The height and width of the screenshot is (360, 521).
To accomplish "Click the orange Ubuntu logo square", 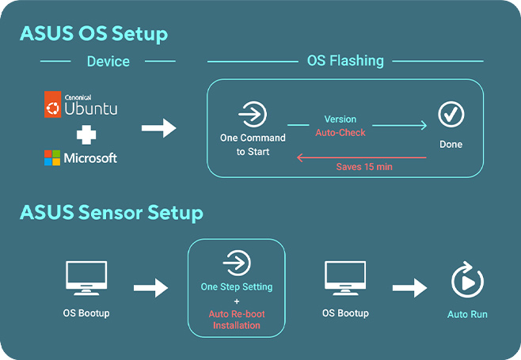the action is pos(52,104).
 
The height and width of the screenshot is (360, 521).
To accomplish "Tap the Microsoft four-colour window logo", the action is pos(52,157).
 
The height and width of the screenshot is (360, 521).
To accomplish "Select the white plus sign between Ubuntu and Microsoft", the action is pos(86,135).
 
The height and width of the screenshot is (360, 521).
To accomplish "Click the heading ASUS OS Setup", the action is pos(93,34).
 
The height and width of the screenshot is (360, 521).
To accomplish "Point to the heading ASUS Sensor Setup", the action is pos(112,213).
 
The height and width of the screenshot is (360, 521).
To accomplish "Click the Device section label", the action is pos(108,62).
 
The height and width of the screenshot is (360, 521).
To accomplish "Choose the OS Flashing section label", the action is pos(345,61).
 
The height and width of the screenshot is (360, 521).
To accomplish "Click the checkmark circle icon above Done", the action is pos(451,114).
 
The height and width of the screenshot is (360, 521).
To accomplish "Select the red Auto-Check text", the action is pos(340,133).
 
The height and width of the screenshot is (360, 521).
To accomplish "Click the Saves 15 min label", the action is pos(364,167).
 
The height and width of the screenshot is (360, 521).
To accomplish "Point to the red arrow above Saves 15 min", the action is pos(362,157).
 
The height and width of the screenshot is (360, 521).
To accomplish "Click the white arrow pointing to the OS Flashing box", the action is pos(159,128).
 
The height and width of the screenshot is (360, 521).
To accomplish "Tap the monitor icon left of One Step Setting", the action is pos(86,278).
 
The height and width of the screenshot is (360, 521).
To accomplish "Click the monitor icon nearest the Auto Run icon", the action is pos(345,278).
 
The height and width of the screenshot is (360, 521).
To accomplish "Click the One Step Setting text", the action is pos(237,286).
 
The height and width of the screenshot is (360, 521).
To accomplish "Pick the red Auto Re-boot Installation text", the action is pos(237,320).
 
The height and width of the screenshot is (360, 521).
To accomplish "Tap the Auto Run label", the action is pos(467,314).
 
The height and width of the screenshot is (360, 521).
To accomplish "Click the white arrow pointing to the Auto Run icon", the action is pos(409,287).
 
